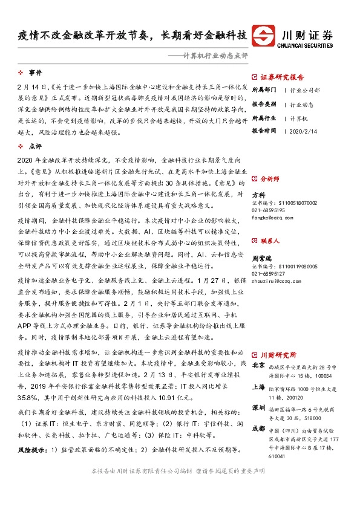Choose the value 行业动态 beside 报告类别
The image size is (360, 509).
(303, 103)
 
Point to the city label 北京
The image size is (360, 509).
(258, 366)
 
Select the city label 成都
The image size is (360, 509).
(258, 429)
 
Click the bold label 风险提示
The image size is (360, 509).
(32, 450)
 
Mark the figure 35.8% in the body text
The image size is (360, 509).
(28, 398)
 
